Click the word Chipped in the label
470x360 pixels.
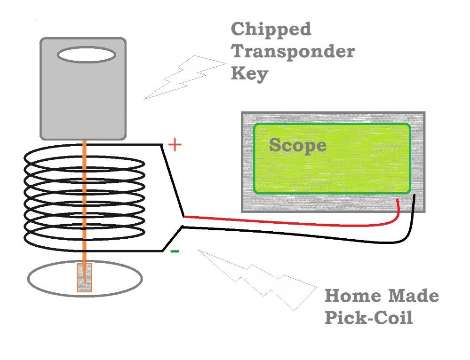point(271,30)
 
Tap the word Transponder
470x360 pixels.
point(293,52)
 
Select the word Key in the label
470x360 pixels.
point(249,74)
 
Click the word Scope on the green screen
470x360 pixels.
point(297,145)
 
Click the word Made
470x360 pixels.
point(414,296)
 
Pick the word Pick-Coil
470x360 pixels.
point(368,318)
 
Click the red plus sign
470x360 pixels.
point(175,145)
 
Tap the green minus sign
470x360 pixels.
point(175,251)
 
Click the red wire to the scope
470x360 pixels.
point(292,222)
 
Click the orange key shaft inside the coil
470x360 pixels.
point(84,197)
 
